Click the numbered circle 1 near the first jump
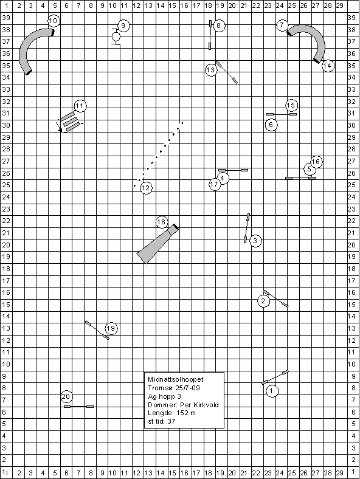[272, 391]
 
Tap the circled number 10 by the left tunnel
[54, 21]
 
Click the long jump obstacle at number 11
[71, 122]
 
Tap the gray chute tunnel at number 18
[158, 244]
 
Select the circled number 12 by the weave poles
[146, 188]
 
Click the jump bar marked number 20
[78, 407]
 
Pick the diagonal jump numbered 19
[97, 330]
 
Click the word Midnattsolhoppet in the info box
[175, 379]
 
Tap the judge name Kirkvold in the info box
[207, 405]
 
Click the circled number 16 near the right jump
[316, 162]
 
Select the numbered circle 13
[211, 71]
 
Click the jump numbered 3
[247, 228]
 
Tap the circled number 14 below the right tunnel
[328, 66]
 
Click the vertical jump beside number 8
[210, 35]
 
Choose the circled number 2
[263, 302]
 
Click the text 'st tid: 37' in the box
[162, 421]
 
